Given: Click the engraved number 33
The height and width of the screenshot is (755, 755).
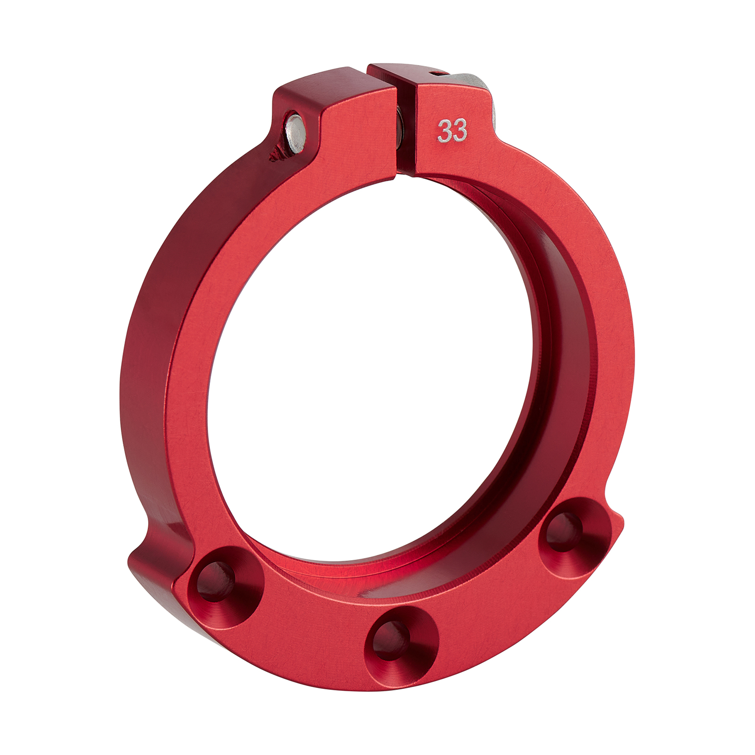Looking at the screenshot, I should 452,131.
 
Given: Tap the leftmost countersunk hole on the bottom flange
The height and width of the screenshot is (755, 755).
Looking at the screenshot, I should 216,579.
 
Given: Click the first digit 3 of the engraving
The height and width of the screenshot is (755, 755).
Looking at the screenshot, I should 445,131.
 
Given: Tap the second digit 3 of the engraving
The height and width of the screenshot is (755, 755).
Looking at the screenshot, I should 460,131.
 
